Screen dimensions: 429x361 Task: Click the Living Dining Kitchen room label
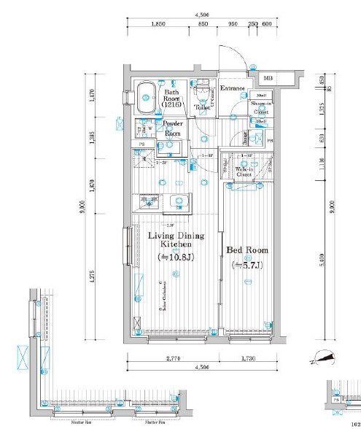click(176, 241)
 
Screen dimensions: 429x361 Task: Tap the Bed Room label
click(249, 250)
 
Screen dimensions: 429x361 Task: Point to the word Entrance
click(233, 88)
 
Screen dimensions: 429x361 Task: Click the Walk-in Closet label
click(244, 172)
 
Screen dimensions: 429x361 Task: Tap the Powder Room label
click(172, 129)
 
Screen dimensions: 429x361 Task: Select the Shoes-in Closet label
click(260, 108)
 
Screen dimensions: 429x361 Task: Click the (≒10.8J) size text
click(176, 258)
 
